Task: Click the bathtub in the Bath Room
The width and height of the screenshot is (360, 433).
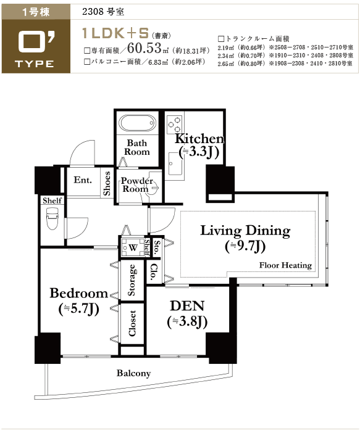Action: [136, 123]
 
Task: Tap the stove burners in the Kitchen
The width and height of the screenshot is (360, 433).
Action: [175, 124]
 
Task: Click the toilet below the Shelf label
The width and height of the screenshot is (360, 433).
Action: [52, 219]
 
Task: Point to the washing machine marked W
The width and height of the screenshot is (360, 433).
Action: [133, 247]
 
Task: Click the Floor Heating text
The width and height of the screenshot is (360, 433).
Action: [285, 265]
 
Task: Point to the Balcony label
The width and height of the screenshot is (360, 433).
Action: [133, 373]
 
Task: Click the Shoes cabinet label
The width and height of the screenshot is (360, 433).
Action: [107, 183]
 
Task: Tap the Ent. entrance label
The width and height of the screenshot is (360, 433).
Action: [83, 180]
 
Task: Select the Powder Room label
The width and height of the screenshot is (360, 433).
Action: [136, 185]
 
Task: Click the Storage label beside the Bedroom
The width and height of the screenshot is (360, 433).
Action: [132, 280]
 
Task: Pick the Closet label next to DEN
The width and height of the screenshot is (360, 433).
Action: [132, 323]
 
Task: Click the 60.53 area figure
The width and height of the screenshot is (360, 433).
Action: [144, 48]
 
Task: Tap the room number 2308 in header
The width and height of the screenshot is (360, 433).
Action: [93, 12]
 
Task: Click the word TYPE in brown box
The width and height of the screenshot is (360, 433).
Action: [35, 64]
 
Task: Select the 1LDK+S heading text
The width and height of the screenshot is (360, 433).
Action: [115, 33]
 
